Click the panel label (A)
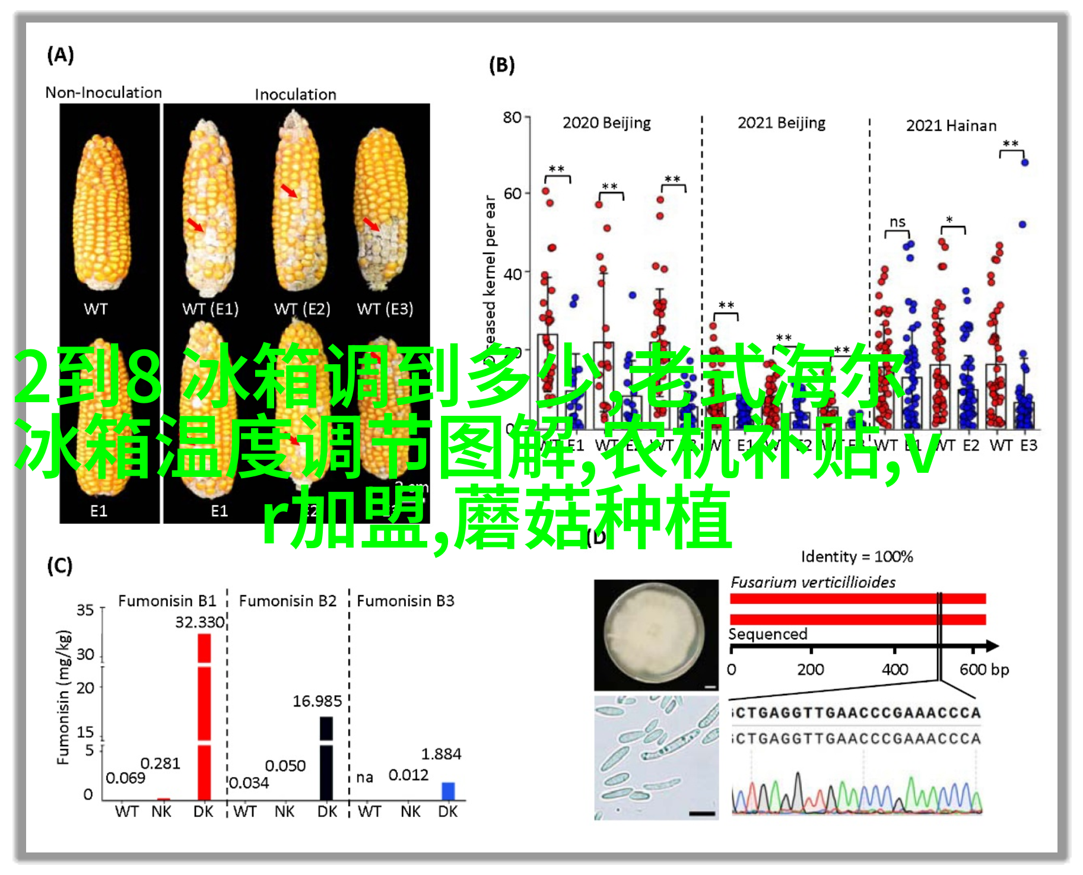[x=61, y=56]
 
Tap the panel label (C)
[x=60, y=566]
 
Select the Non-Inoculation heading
[x=104, y=93]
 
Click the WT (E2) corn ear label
[x=302, y=309]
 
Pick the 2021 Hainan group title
[x=951, y=126]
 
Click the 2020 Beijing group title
[x=606, y=123]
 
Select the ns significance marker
[x=897, y=222]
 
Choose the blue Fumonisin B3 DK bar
[x=448, y=791]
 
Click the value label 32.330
[x=200, y=622]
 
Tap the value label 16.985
[x=317, y=701]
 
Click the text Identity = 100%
[x=856, y=556]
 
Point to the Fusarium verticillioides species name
[x=813, y=583]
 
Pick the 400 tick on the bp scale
[x=895, y=670]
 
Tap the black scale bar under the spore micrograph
[x=702, y=813]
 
